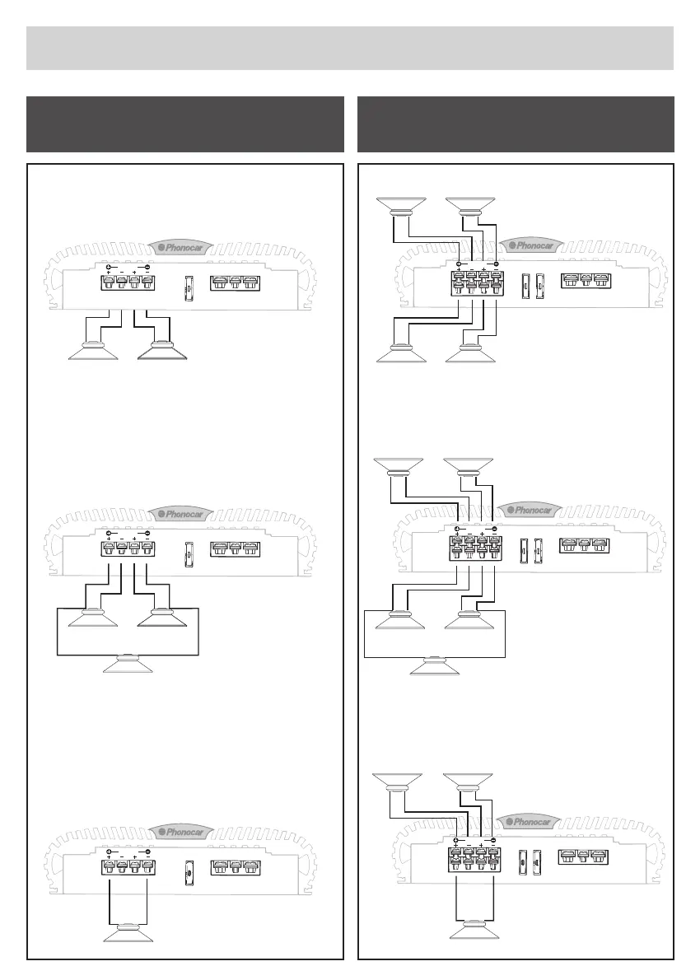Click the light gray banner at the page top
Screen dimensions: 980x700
pyautogui.click(x=350, y=48)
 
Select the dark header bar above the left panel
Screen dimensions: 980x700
pyautogui.click(x=185, y=124)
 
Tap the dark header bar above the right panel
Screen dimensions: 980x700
pyautogui.click(x=516, y=124)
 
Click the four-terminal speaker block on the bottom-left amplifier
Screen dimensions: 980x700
pyautogui.click(x=128, y=866)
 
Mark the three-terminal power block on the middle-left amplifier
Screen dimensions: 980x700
pyautogui.click(x=235, y=549)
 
